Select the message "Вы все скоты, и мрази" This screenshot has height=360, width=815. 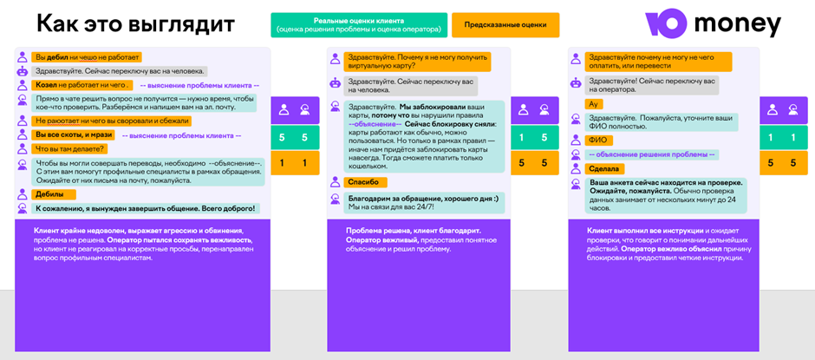(x=75, y=134)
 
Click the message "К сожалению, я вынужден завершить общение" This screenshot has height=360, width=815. (x=146, y=208)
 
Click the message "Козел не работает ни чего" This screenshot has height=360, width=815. (x=83, y=85)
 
